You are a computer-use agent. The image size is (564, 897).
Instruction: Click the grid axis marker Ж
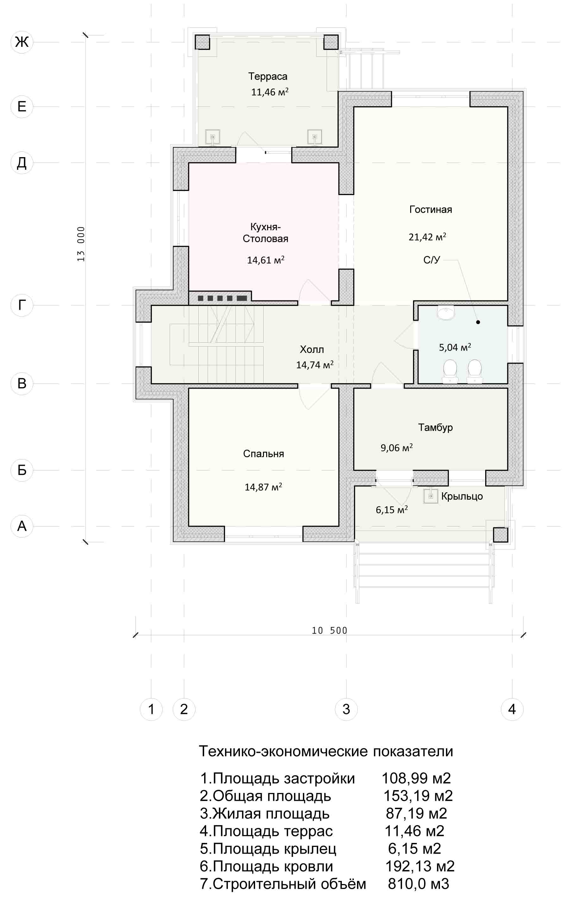(22, 42)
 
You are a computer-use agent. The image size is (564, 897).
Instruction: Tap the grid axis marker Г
(22, 305)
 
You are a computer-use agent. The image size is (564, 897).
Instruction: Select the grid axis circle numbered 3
(346, 709)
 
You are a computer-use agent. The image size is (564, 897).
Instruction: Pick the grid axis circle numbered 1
(151, 709)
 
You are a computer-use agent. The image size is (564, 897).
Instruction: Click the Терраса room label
(268, 77)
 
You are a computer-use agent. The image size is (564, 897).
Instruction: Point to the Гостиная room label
(430, 209)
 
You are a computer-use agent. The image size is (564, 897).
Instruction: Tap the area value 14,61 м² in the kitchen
(266, 260)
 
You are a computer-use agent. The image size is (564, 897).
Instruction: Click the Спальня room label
(264, 454)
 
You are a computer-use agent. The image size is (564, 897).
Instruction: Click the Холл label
(312, 349)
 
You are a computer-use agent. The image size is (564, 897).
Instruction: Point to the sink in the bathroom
(446, 313)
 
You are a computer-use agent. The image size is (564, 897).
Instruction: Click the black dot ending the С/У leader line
(478, 322)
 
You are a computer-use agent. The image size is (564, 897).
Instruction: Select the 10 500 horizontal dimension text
(329, 630)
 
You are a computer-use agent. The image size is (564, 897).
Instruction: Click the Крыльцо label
(462, 496)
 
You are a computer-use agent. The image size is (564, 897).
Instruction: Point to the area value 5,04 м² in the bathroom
(455, 347)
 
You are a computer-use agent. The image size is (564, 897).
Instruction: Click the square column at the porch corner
(501, 535)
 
